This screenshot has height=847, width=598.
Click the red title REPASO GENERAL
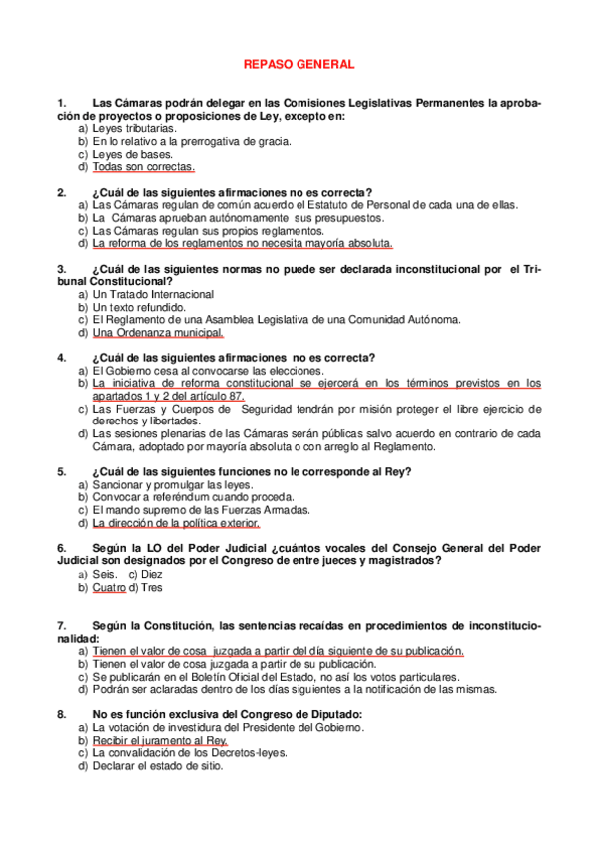tap(299, 64)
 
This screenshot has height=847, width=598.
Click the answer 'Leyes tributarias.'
tap(135, 128)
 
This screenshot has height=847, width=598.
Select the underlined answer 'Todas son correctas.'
tap(143, 167)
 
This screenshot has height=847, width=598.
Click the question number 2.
tap(62, 192)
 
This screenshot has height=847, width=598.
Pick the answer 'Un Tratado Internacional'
tap(152, 295)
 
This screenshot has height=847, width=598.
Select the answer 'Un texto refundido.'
tap(138, 307)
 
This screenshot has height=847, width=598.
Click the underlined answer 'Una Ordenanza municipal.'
tap(158, 333)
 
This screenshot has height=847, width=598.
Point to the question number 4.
tap(62, 358)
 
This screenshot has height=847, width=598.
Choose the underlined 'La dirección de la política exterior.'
tap(176, 523)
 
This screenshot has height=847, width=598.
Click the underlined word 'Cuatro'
tap(109, 588)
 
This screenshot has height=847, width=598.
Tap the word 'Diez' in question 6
tap(153, 575)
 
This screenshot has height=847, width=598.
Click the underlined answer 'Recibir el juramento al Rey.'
tap(160, 741)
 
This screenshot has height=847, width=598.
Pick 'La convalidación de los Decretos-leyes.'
tap(190, 754)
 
